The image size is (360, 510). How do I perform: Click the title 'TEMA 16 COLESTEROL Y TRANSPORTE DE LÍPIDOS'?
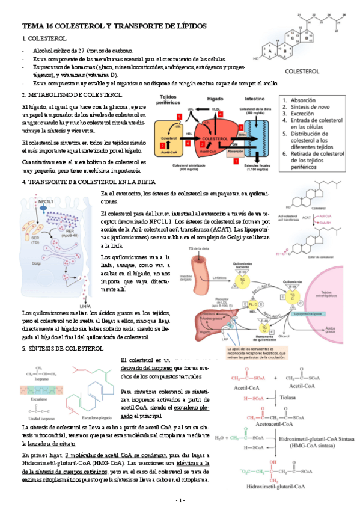pyautogui.click(x=114, y=27)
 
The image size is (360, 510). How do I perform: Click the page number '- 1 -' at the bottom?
pyautogui.click(x=180, y=500)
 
